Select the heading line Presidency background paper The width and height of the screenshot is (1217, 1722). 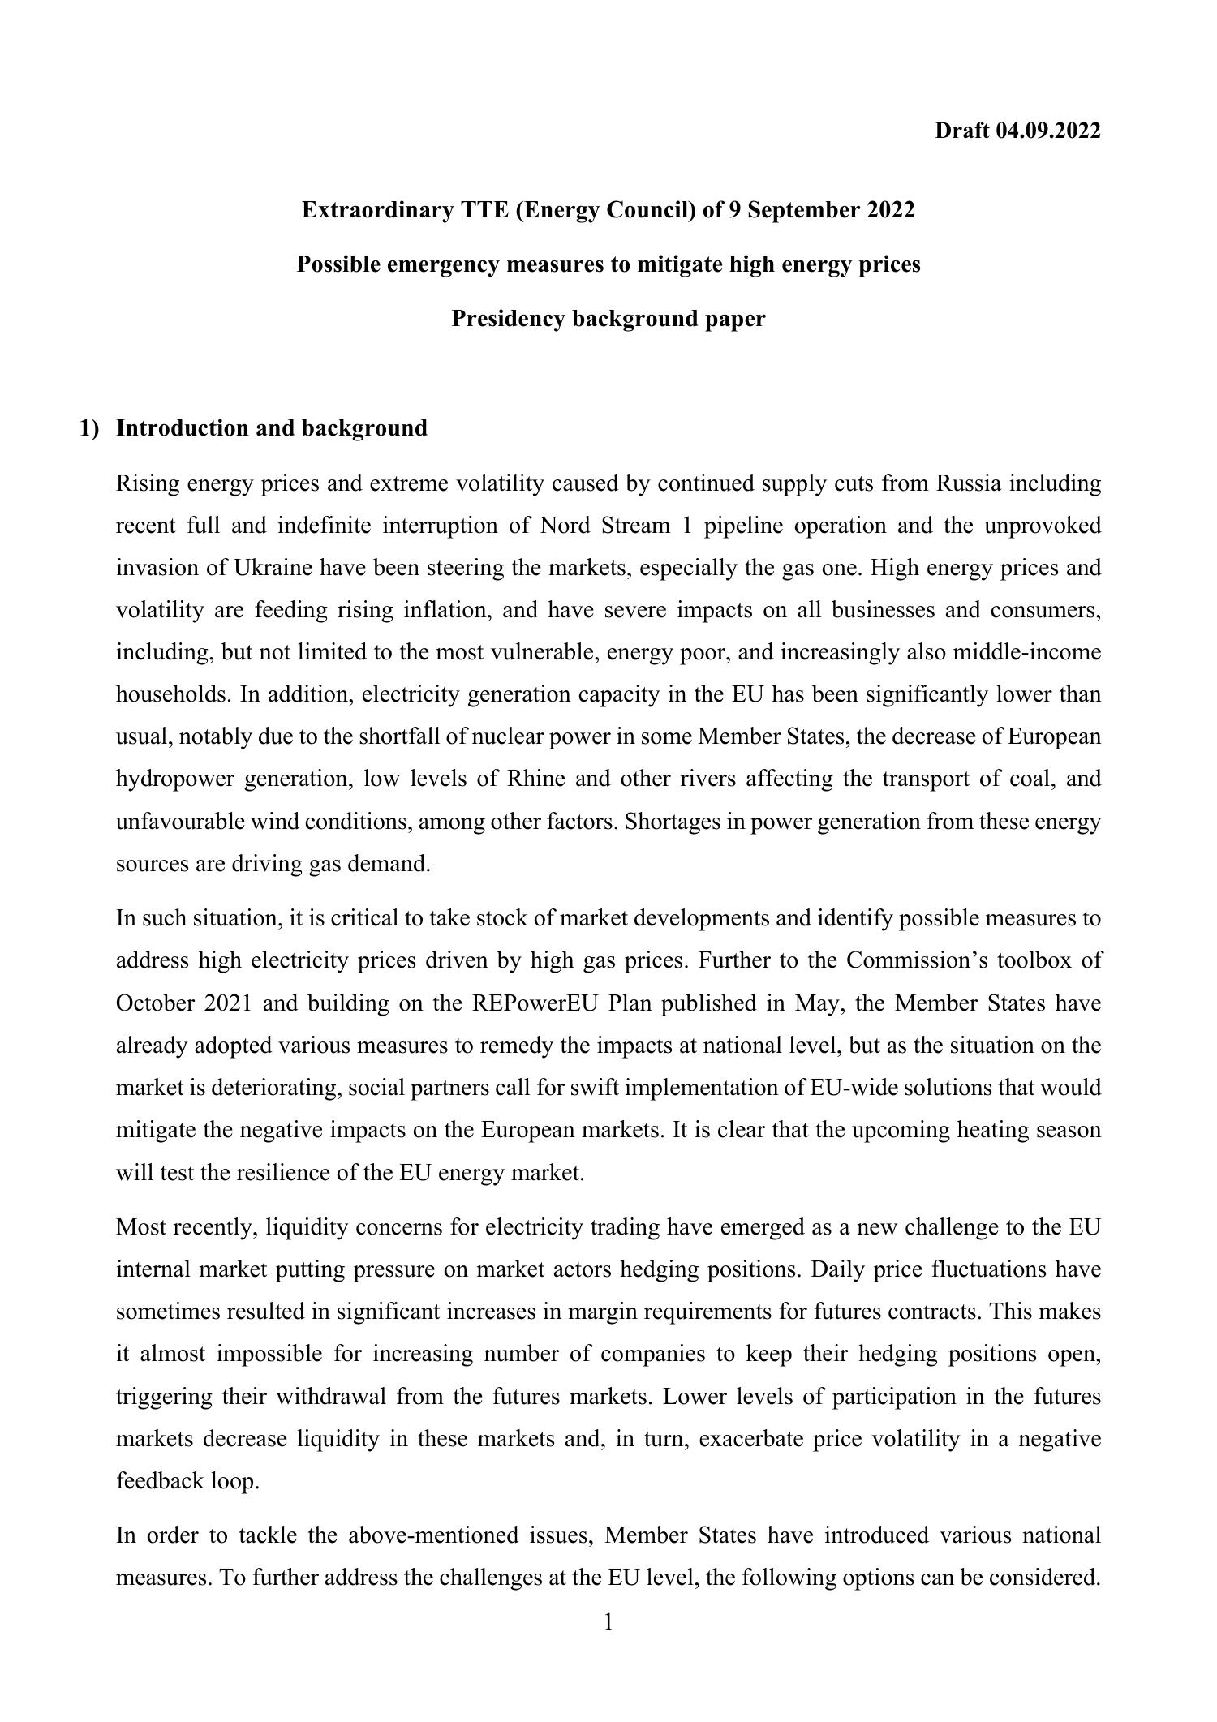(608, 319)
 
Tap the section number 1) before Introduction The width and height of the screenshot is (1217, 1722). (88, 428)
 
